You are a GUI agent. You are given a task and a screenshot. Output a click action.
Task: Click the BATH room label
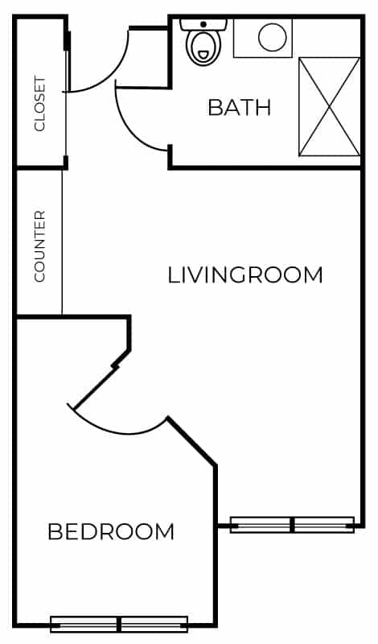pyautogui.click(x=239, y=107)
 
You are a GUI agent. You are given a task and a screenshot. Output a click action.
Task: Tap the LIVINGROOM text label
pyautogui.click(x=245, y=275)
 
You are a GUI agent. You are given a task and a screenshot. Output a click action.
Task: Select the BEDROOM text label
pyautogui.click(x=111, y=532)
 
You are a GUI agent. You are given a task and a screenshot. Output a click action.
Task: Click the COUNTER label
pyautogui.click(x=39, y=246)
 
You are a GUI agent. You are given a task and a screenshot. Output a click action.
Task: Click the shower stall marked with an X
pyautogui.click(x=329, y=106)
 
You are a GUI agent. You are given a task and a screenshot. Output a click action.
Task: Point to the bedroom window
pyautogui.click(x=119, y=624)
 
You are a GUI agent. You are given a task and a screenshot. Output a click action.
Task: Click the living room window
pyautogui.click(x=292, y=525)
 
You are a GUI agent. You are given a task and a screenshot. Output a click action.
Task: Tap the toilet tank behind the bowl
pyautogui.click(x=203, y=24)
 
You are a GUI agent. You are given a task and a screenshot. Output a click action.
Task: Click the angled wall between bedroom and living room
pyautogui.click(x=191, y=441)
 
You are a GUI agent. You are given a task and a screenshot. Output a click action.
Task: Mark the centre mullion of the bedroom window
pyautogui.click(x=119, y=624)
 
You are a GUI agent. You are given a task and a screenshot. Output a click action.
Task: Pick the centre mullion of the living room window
pyautogui.click(x=292, y=525)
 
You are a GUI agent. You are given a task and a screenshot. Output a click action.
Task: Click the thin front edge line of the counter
pyautogui.click(x=63, y=242)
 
